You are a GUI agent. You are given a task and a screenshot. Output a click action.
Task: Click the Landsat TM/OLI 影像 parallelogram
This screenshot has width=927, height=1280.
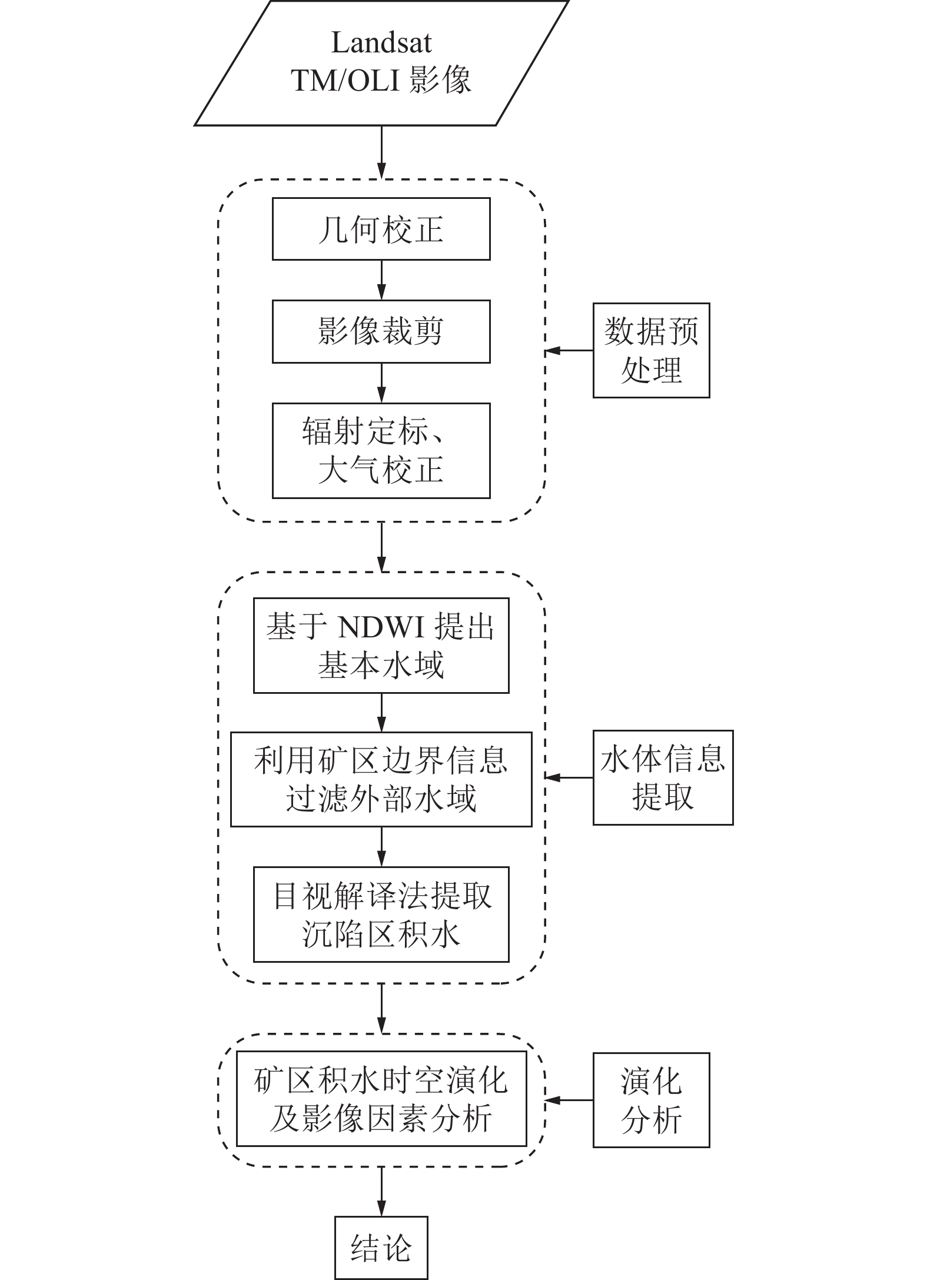(381, 62)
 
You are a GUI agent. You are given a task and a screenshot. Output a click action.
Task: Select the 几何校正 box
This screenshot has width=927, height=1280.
(381, 229)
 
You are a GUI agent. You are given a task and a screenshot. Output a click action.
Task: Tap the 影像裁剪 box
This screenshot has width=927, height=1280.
(381, 331)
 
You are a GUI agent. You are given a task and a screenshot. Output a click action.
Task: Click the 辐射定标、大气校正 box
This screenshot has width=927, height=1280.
(381, 451)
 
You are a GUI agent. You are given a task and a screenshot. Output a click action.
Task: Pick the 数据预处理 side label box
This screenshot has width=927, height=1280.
(651, 351)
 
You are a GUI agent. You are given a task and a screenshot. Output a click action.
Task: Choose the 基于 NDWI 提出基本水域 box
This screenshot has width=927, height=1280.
(381, 646)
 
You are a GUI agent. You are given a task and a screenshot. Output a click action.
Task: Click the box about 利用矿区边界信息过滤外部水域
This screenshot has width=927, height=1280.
(381, 779)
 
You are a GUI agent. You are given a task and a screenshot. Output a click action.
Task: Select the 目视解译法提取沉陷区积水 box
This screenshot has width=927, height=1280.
(381, 915)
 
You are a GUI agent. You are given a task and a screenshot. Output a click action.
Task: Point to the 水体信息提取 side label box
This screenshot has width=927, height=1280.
(663, 777)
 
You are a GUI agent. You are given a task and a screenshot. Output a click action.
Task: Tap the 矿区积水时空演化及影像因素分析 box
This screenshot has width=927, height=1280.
(381, 1099)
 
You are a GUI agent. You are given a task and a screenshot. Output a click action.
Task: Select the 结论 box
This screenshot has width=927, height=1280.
(381, 1248)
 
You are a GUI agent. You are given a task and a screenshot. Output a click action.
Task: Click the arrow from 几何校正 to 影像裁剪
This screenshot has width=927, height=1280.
(381, 280)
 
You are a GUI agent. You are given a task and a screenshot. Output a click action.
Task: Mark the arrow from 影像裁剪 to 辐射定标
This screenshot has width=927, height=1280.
(381, 383)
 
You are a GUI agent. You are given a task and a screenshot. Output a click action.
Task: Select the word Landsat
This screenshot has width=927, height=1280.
(381, 43)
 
